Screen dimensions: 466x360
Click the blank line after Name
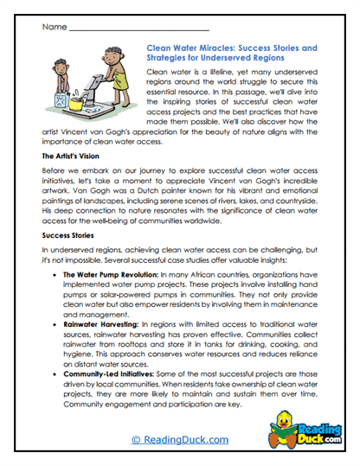(x=138, y=29)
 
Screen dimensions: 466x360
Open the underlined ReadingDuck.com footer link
(x=178, y=440)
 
